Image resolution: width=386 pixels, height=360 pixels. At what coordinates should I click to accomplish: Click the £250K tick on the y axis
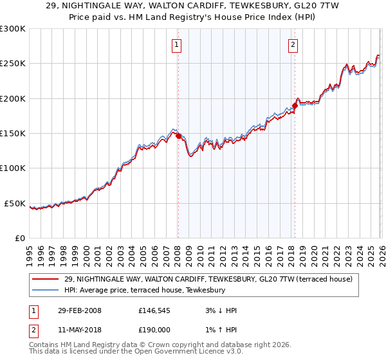[14, 64]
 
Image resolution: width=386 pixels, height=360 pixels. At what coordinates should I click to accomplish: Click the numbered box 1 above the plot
[176, 44]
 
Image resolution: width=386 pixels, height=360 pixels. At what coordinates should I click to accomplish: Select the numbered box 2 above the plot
[293, 44]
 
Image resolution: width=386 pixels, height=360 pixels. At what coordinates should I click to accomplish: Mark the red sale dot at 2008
[178, 136]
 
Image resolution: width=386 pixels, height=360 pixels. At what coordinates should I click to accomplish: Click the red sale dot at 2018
[295, 105]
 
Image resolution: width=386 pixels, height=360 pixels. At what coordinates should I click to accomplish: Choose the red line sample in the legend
[46, 280]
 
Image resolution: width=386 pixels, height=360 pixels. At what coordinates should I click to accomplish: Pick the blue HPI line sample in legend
[46, 291]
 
